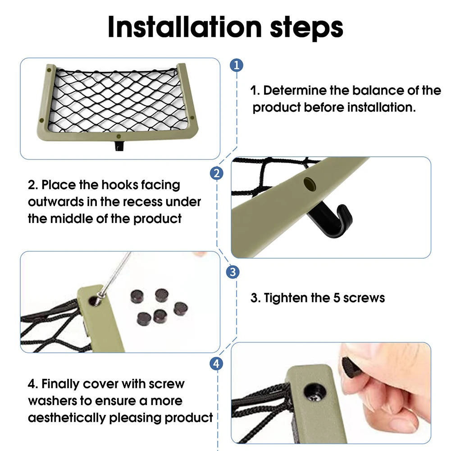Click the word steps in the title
[306, 28]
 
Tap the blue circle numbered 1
[237, 65]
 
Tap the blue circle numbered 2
[217, 173]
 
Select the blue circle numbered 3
[232, 272]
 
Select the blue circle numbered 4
[216, 364]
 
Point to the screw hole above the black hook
[310, 184]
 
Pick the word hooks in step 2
[120, 185]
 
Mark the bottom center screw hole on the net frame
[118, 137]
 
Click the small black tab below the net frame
[119, 146]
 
